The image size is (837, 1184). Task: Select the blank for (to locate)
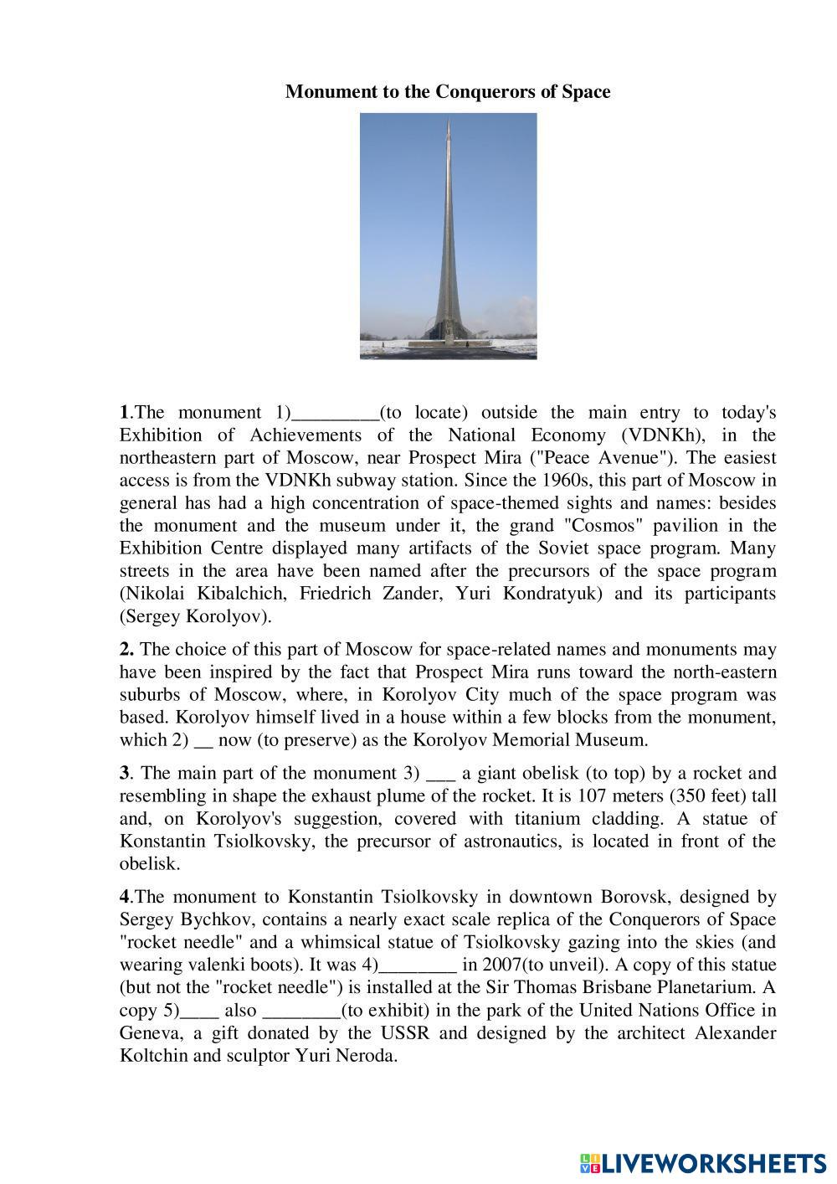tap(334, 413)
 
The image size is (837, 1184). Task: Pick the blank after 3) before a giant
tap(439, 773)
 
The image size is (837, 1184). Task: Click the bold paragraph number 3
tap(124, 773)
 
